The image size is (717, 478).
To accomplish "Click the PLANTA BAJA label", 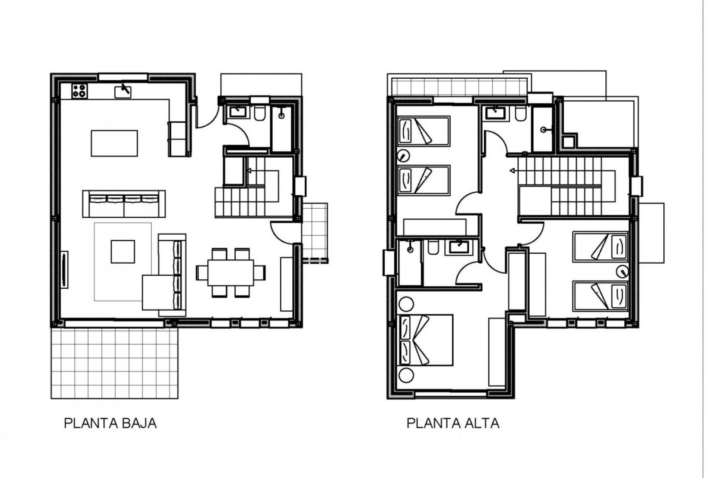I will [110, 423].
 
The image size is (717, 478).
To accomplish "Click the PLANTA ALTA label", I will [453, 423].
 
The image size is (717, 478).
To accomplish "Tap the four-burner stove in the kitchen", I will [80, 91].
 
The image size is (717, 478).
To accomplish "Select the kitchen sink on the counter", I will [123, 91].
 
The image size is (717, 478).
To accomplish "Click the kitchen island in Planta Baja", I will [114, 143].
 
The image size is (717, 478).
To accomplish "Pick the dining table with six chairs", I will [231, 273].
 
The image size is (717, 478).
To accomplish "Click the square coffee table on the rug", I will [123, 252].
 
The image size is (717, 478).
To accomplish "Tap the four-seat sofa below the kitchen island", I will [124, 204].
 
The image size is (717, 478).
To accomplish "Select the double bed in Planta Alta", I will [426, 340].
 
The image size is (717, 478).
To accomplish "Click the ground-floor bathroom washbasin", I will [236, 112].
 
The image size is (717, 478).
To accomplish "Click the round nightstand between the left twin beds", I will [404, 155].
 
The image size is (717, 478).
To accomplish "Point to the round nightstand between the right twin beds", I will [622, 271].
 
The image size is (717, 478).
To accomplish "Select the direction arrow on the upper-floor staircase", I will [512, 171].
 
